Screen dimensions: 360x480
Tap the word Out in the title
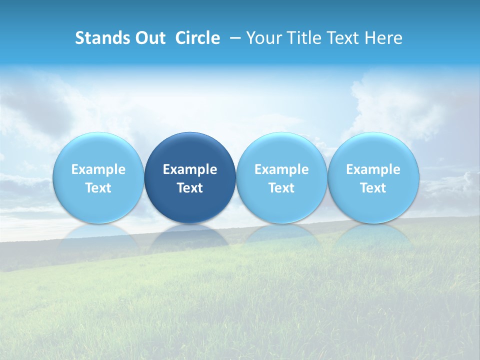149,38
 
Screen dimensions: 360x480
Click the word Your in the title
263,38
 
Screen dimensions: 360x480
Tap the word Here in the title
382,38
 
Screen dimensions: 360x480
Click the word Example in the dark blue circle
190,169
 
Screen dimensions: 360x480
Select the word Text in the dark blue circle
190,188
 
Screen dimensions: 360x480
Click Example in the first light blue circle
98,169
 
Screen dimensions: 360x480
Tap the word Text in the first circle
98,188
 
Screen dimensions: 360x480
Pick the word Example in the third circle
281,169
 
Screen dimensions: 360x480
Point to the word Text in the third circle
281,188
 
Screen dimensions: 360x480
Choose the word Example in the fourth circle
373,169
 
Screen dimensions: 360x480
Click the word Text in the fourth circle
373,188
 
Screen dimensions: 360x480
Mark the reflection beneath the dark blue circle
190,237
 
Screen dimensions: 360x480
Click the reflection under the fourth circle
373,237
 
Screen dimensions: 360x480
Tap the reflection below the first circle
98,237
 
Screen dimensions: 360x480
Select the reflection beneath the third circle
281,237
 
